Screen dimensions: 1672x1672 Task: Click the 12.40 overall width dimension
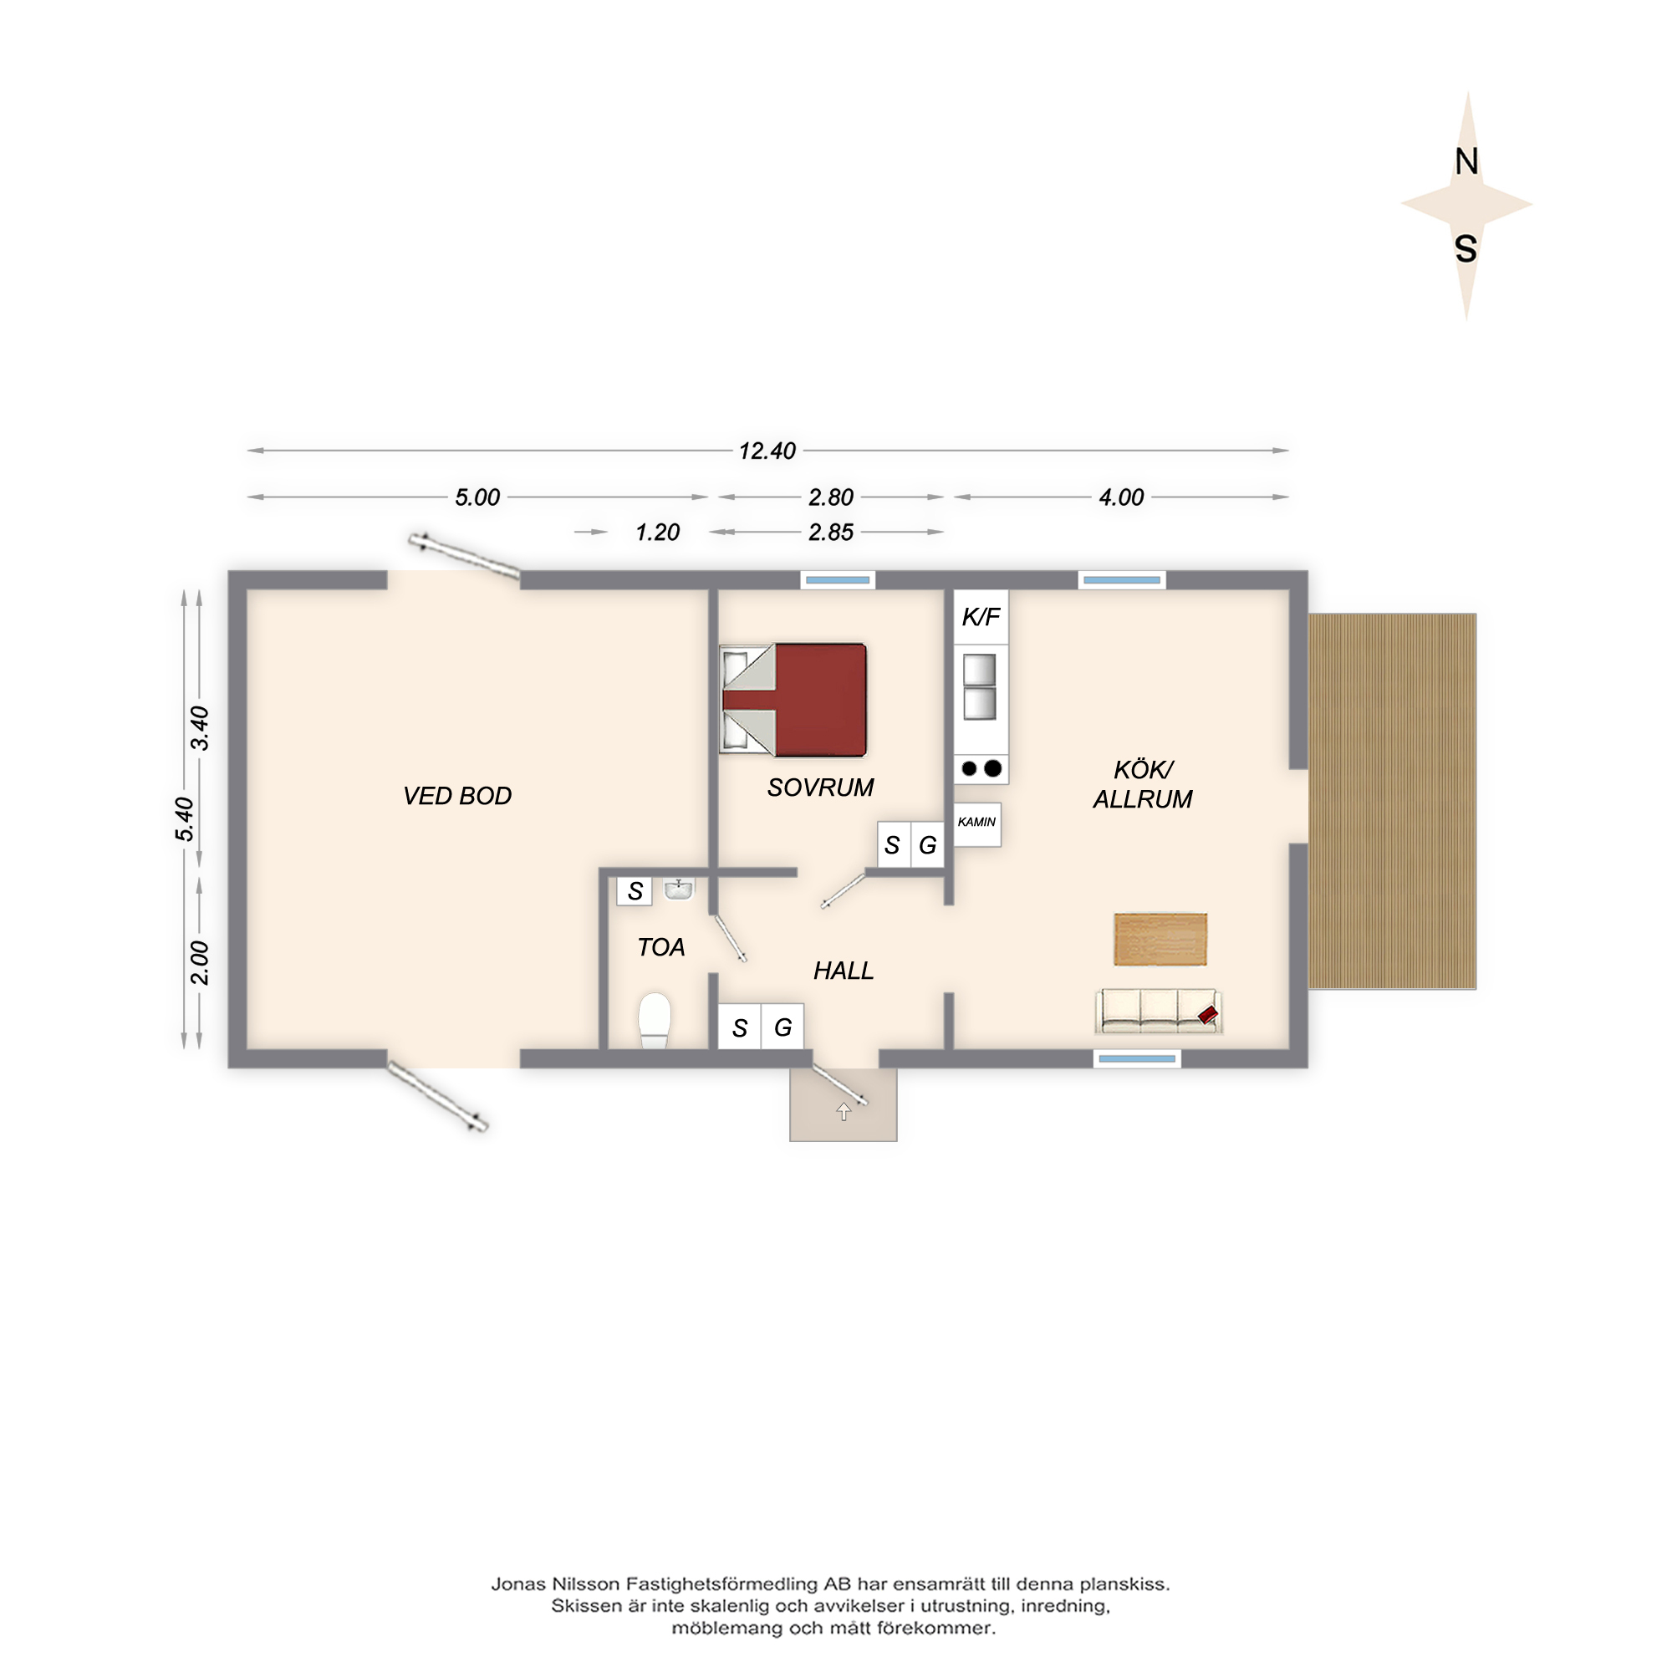pyautogui.click(x=767, y=451)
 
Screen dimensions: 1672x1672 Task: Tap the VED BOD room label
pyautogui.click(x=457, y=795)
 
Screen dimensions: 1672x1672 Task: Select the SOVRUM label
pyautogui.click(x=820, y=788)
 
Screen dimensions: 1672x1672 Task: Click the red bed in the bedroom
pyautogui.click(x=793, y=700)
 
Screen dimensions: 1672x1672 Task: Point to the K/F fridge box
pyautogui.click(x=981, y=616)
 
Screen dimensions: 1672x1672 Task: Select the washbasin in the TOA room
pyautogui.click(x=679, y=889)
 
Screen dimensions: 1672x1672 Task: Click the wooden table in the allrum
pyautogui.click(x=1160, y=939)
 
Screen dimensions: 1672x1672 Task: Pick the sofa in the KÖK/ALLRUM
pyautogui.click(x=1159, y=1012)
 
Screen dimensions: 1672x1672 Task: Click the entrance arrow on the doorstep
pyautogui.click(x=844, y=1112)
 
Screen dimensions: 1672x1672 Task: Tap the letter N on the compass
pyautogui.click(x=1466, y=162)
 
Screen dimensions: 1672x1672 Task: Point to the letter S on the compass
pyautogui.click(x=1466, y=248)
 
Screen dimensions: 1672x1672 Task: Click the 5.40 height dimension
pyautogui.click(x=184, y=818)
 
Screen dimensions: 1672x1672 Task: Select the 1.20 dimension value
pyautogui.click(x=658, y=533)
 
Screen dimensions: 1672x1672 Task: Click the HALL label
pyautogui.click(x=844, y=971)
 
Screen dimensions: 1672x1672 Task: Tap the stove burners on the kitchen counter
pyautogui.click(x=981, y=768)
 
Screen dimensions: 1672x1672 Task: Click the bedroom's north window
pyautogui.click(x=838, y=580)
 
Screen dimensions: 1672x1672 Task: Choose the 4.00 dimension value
pyautogui.click(x=1122, y=497)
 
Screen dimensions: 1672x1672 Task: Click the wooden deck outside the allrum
pyautogui.click(x=1393, y=802)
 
